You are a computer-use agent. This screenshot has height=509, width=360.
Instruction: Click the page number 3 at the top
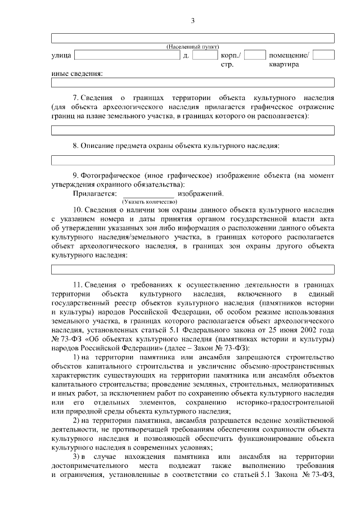click(192, 21)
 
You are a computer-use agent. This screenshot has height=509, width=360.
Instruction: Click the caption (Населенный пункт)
click(193, 46)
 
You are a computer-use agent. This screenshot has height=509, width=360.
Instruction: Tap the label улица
click(60, 56)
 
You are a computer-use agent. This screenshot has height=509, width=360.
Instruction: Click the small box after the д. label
click(205, 55)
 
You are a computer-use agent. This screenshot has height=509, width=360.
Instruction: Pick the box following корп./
click(255, 55)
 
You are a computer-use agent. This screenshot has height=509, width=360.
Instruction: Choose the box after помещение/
click(323, 55)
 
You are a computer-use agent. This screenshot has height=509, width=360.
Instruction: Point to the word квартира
click(284, 65)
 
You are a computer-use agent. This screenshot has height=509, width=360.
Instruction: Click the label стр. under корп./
click(227, 65)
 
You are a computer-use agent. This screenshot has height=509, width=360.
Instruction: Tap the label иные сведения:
click(77, 74)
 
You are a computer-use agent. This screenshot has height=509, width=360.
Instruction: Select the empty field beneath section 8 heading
click(193, 160)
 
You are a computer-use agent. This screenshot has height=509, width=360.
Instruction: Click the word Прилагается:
click(94, 193)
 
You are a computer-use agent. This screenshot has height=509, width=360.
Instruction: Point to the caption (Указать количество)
click(145, 201)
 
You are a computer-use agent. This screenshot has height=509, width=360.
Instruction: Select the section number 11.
click(77, 285)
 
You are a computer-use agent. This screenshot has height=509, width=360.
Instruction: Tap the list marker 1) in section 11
click(77, 358)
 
